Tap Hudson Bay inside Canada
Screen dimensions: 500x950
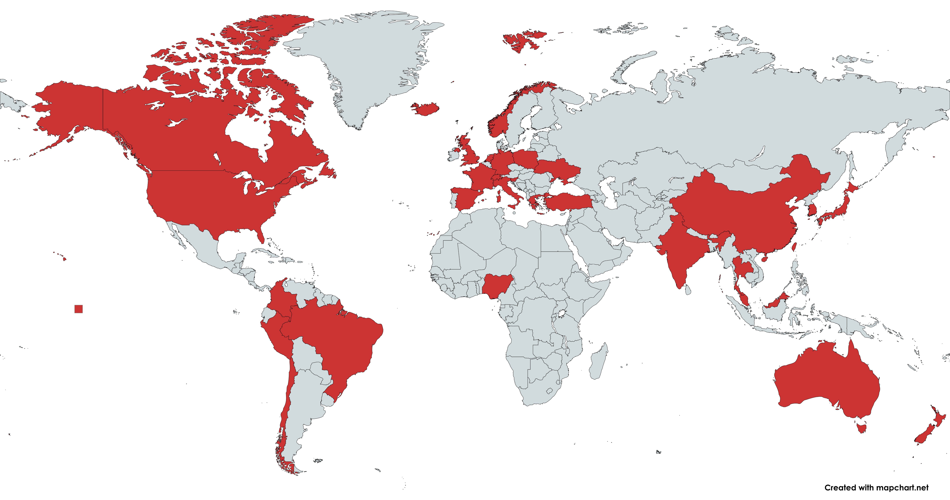[x=247, y=133]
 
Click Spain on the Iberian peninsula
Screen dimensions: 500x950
[x=466, y=197]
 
